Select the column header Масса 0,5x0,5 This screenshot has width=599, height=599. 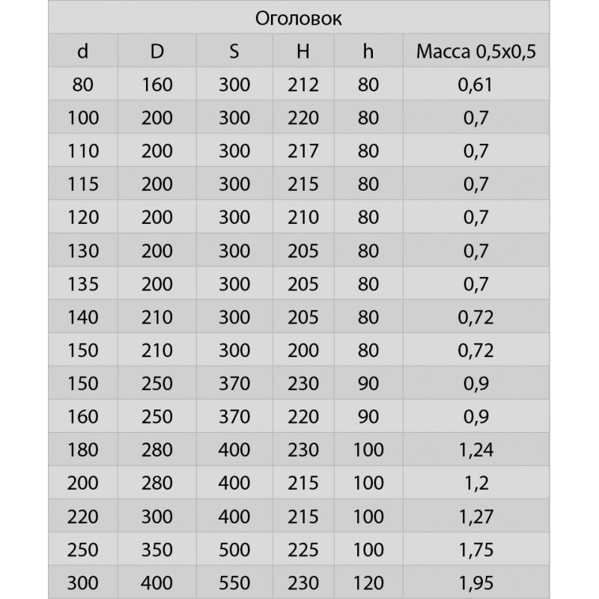[x=477, y=52]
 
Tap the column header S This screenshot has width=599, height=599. [x=234, y=52]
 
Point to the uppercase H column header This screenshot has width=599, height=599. [x=302, y=52]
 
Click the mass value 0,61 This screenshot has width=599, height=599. [x=477, y=85]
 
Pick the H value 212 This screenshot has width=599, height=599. [x=302, y=85]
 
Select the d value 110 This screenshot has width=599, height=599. [x=82, y=150]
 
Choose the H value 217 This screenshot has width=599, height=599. [x=302, y=150]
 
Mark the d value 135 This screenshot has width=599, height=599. [x=82, y=284]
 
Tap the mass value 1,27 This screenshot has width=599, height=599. [x=477, y=516]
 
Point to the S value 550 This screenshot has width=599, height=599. [x=234, y=582]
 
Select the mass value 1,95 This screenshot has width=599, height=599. [x=477, y=582]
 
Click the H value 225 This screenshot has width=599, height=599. [x=302, y=549]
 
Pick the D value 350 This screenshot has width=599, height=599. [x=157, y=549]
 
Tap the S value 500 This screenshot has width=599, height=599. [x=234, y=549]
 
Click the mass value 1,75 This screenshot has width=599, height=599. [x=477, y=549]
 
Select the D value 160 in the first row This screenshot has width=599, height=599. [x=157, y=85]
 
